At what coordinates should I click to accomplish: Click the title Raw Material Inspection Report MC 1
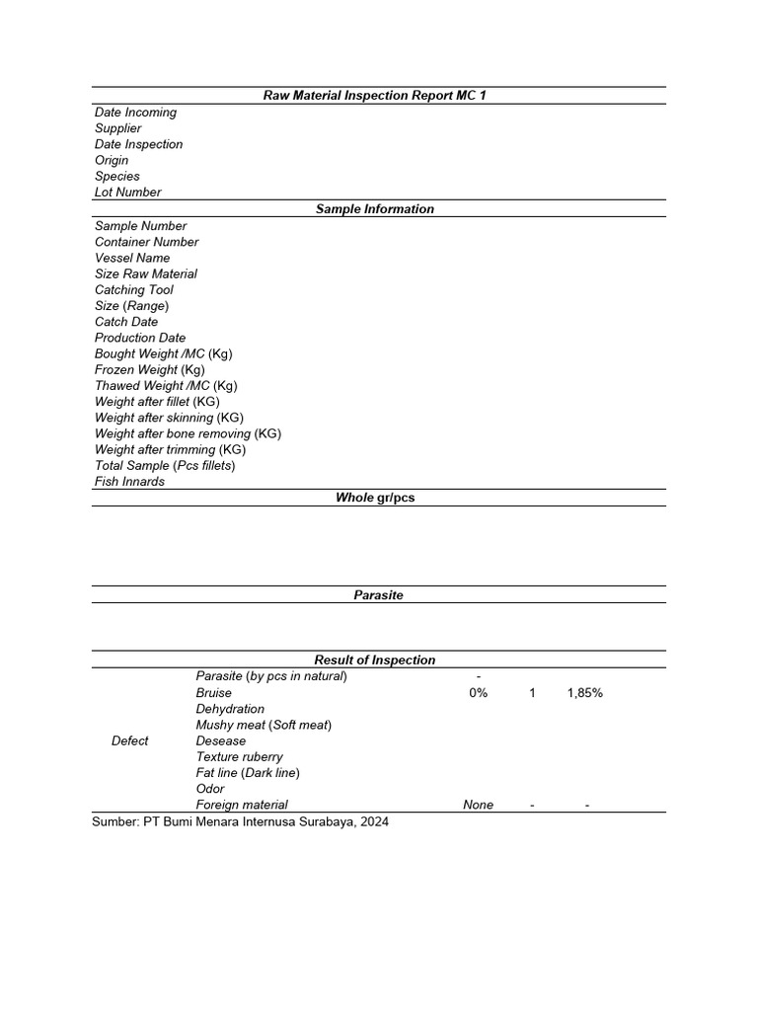coord(374,96)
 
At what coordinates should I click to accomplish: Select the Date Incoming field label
coord(135,113)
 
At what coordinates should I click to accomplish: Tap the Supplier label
coord(117,128)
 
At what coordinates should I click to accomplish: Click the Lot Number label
coord(127,193)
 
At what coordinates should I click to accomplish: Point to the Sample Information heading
coord(374,209)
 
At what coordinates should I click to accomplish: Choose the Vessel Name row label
coord(132,258)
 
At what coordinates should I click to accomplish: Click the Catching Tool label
coord(133,290)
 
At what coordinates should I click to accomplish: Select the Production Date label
coord(139,338)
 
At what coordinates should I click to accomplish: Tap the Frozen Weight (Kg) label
coord(149,370)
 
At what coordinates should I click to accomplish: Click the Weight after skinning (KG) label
coord(169,418)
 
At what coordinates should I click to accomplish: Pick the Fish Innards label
coord(129,482)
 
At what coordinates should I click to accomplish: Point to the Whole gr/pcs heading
coord(375,498)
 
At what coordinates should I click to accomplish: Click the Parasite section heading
coord(378,595)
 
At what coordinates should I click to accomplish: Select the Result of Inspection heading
coord(374,661)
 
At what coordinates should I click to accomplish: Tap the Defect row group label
coord(130,740)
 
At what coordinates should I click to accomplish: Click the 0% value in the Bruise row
coord(478,693)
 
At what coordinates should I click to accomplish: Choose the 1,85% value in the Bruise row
coord(584,693)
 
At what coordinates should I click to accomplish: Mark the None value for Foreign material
coord(478,806)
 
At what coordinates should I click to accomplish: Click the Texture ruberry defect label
coord(239,757)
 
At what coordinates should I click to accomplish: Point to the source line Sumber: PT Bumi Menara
coord(241,822)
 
